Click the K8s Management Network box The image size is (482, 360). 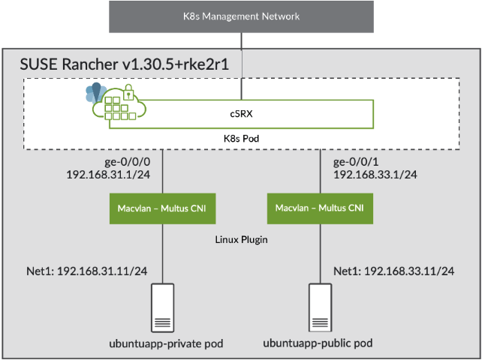(241, 16)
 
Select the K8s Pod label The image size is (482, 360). (240, 138)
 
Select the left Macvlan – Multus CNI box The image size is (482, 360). (163, 207)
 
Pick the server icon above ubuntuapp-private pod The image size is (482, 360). (163, 307)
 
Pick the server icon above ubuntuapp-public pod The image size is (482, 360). (318, 307)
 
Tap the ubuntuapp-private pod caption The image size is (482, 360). (163, 344)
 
